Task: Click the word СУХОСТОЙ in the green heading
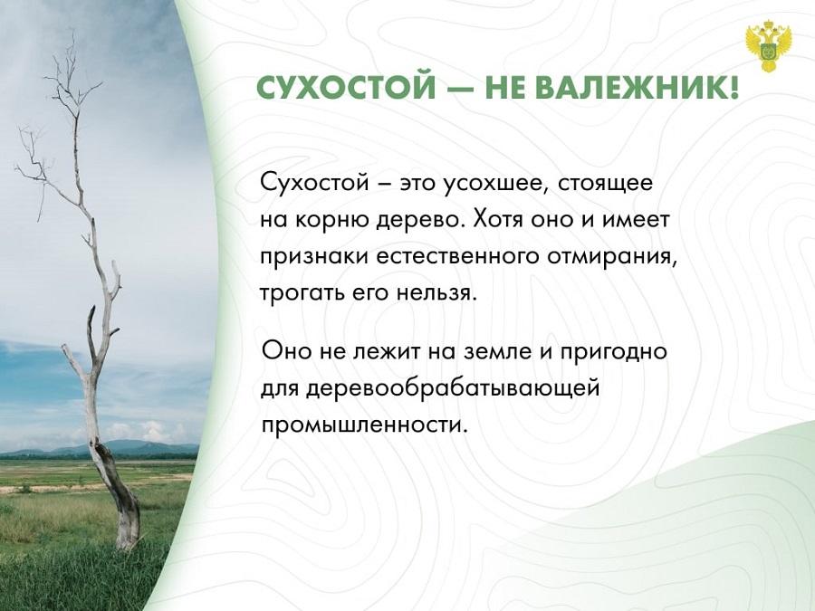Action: pos(346,88)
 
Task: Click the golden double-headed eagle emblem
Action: pos(768,47)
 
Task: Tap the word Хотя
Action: pos(499,220)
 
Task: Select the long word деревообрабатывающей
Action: pos(453,388)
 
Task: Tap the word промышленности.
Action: pos(361,426)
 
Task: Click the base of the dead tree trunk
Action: pos(128,540)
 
